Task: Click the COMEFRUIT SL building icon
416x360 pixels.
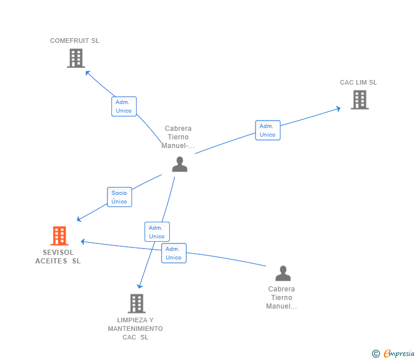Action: pyautogui.click(x=75, y=58)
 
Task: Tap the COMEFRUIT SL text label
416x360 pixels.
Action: pyautogui.click(x=74, y=41)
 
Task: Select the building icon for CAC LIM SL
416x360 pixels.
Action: pyautogui.click(x=359, y=100)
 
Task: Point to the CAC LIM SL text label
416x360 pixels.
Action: pyautogui.click(x=358, y=82)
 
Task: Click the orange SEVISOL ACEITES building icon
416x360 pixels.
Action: pyautogui.click(x=59, y=235)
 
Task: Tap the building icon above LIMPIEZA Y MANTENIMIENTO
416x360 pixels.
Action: pyautogui.click(x=136, y=303)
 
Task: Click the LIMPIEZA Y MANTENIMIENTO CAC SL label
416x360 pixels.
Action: pyautogui.click(x=135, y=329)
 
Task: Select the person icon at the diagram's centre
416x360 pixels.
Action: pyautogui.click(x=179, y=165)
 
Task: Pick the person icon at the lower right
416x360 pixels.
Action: pyautogui.click(x=283, y=274)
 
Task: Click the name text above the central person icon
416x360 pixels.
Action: pyautogui.click(x=178, y=137)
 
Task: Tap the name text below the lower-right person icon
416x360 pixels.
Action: pyautogui.click(x=282, y=298)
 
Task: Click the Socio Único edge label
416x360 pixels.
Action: pyautogui.click(x=119, y=197)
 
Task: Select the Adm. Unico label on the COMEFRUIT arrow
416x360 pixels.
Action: pyautogui.click(x=123, y=106)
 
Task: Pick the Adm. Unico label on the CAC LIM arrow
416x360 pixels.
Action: pyautogui.click(x=267, y=130)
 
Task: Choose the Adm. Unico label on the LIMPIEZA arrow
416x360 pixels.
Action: pyautogui.click(x=157, y=232)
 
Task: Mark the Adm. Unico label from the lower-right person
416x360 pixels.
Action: pyautogui.click(x=174, y=253)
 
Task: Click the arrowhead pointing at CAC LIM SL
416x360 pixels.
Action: pyautogui.click(x=338, y=108)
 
